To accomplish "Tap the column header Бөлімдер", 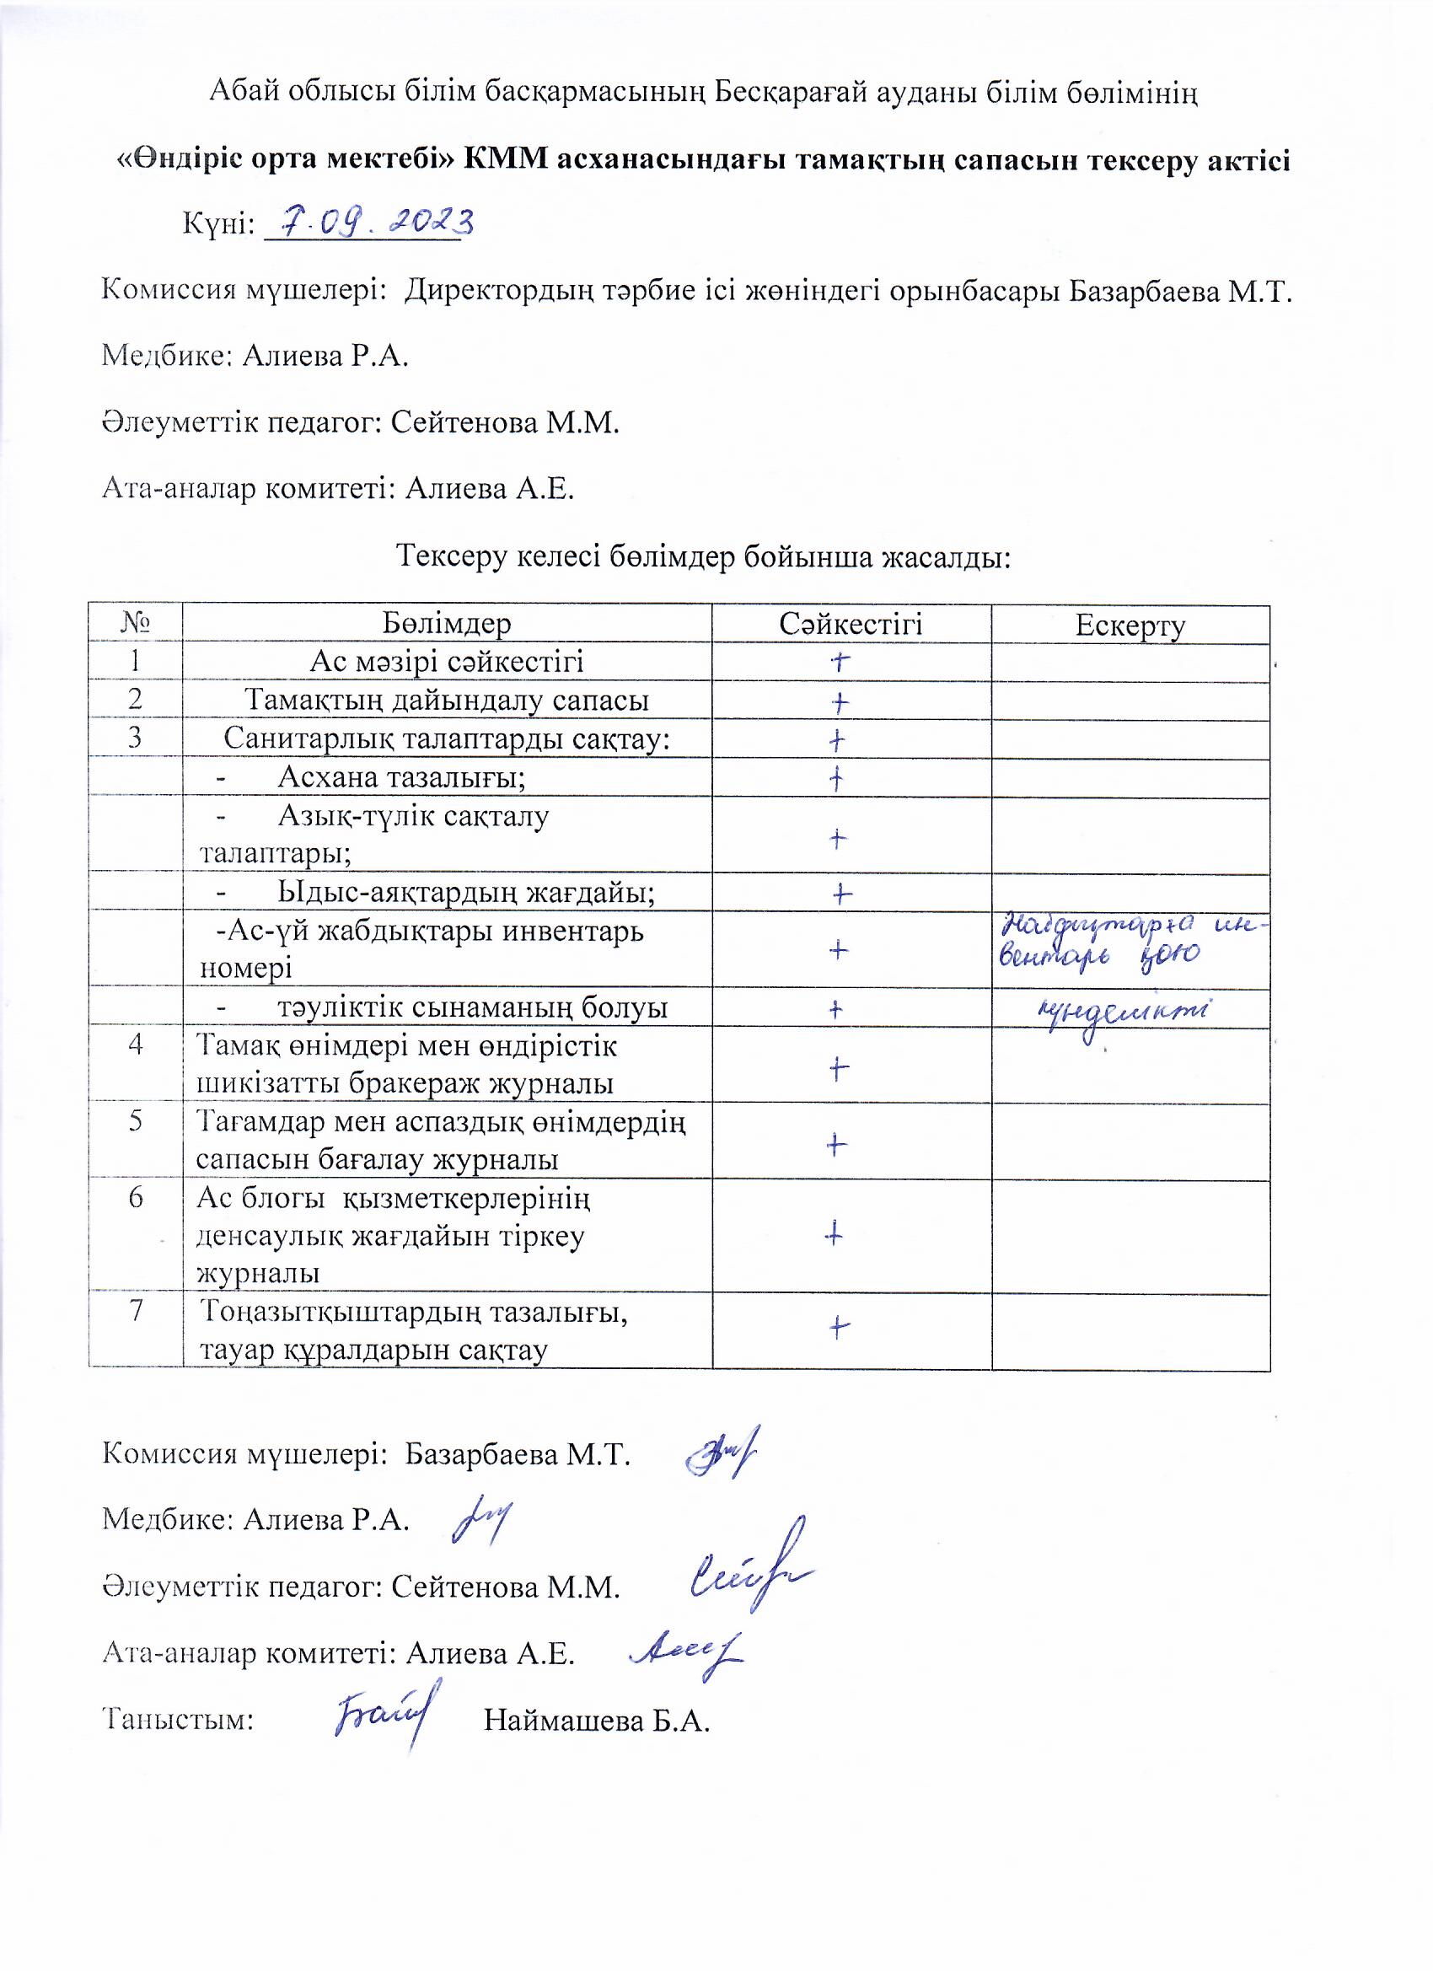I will click(x=446, y=623).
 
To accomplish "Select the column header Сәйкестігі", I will click(x=850, y=623).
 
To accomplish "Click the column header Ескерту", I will click(x=1130, y=625).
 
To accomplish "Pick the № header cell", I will click(x=136, y=622).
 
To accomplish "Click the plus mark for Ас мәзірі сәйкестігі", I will click(x=839, y=663).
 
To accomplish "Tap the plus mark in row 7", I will click(x=839, y=1327).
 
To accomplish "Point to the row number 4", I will click(x=136, y=1044).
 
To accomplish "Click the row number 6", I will click(x=136, y=1198).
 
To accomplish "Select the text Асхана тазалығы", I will click(x=400, y=777).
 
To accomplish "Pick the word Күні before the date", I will click(x=217, y=224).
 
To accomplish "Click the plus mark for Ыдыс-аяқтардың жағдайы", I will click(x=840, y=894).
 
